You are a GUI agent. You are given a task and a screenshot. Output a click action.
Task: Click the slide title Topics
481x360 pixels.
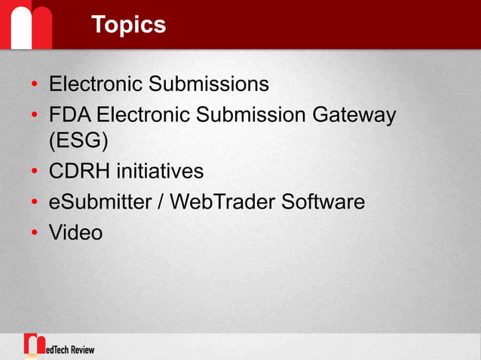pos(128,24)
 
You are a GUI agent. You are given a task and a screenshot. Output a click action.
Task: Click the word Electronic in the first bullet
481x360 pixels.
pos(96,83)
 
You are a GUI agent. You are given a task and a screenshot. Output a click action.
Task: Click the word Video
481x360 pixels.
pos(75,232)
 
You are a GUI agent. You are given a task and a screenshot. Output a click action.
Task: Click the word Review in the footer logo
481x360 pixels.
pos(79,349)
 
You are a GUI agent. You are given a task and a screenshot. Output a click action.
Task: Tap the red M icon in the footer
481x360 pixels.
pos(33,344)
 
